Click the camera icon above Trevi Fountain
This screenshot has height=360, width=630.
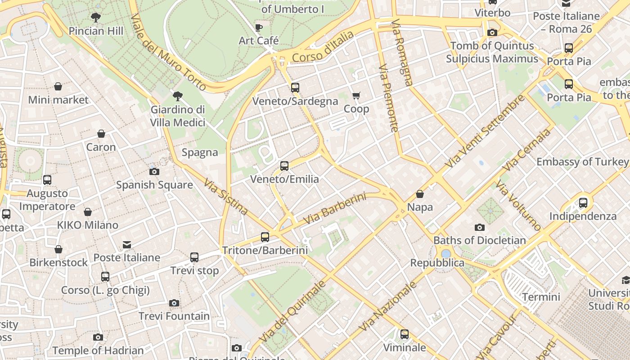174,303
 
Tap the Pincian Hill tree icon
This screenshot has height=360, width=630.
95,18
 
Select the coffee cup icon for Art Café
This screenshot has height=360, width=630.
259,27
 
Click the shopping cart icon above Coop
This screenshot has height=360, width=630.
356,95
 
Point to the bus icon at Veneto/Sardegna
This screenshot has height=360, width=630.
295,88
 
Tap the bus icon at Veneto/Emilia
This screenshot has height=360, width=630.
284,166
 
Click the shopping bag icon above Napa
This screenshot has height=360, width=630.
420,194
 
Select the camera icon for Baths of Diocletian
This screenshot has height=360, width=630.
480,227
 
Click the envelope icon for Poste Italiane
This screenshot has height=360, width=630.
127,245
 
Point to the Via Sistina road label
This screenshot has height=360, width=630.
225,197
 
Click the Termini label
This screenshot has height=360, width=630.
541,297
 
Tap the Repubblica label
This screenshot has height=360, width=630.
437,263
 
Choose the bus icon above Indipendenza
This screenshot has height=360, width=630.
583,203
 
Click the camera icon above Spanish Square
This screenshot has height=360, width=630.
154,171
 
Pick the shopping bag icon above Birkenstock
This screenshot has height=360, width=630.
58,249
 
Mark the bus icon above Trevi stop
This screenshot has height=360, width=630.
194,257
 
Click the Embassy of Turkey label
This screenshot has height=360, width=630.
582,162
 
